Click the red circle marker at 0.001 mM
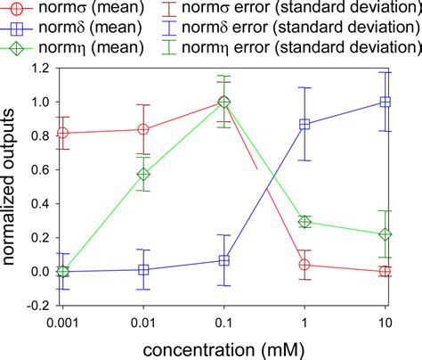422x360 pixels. (62, 133)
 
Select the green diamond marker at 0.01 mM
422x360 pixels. (143, 174)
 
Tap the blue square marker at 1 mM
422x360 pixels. (304, 125)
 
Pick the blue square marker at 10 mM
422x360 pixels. (385, 102)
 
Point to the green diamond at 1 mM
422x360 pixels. (304, 222)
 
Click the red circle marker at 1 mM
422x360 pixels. (304, 265)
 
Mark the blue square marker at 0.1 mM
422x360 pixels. (224, 260)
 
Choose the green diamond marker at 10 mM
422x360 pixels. (385, 234)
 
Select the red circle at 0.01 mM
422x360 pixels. (143, 129)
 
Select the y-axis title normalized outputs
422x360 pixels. (12, 186)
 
